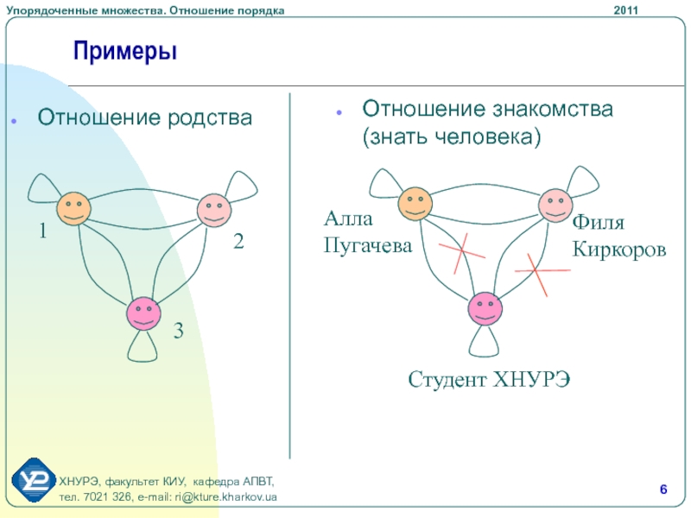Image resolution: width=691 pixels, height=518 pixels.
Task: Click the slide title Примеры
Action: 125,51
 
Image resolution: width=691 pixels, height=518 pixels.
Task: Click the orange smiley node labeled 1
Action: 74,209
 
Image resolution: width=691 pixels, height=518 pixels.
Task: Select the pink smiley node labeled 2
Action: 212,210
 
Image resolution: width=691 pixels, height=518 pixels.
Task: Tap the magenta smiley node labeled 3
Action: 143,313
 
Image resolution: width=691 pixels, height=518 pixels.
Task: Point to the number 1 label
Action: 41,232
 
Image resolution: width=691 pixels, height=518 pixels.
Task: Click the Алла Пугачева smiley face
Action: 415,204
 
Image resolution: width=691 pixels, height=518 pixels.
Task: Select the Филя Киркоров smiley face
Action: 555,205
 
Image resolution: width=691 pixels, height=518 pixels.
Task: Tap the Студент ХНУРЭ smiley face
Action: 485,309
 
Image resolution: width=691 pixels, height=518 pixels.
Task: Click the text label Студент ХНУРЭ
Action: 489,380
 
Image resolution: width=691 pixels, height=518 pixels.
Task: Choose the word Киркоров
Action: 618,250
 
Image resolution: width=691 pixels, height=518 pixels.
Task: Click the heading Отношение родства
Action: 144,117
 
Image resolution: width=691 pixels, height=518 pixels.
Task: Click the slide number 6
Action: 662,490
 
